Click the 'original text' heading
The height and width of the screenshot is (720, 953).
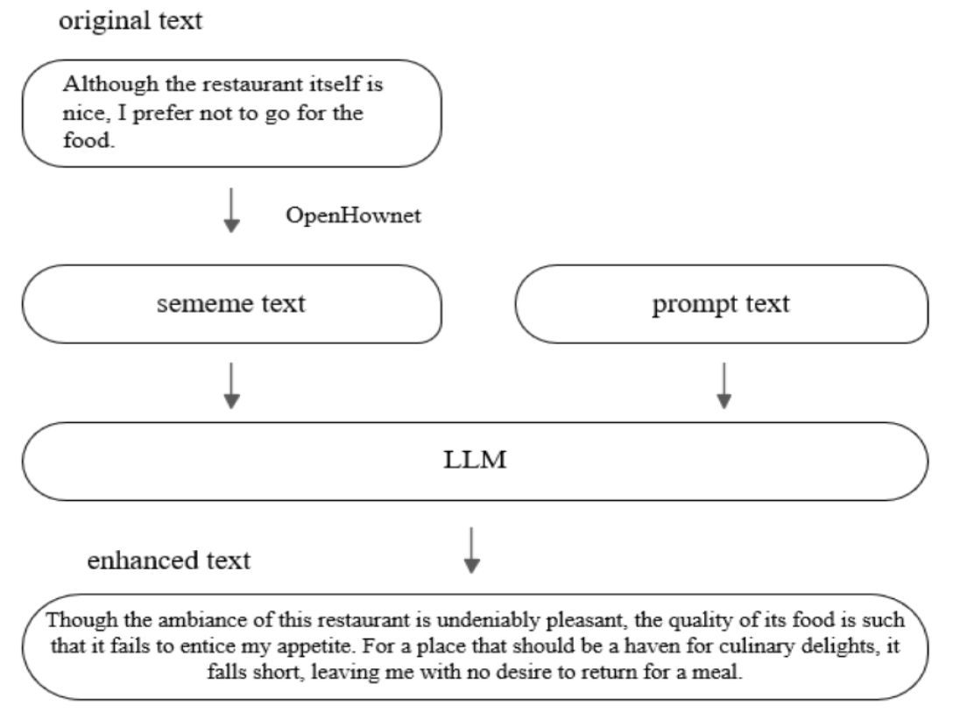130,22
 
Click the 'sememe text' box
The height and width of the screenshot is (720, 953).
232,304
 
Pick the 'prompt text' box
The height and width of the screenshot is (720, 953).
722,304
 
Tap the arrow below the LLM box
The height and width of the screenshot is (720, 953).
472,549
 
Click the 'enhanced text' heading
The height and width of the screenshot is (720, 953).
168,560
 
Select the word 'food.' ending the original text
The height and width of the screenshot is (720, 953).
89,141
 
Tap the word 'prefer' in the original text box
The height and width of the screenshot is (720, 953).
155,115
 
